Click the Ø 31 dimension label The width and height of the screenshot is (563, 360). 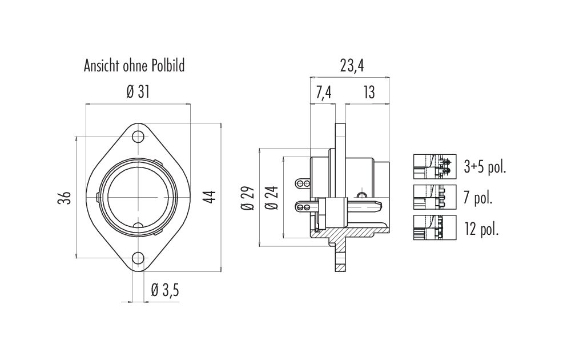pos(138,93)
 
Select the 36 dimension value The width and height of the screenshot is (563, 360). pos(65,198)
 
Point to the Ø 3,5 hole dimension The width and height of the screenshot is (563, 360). pos(165,290)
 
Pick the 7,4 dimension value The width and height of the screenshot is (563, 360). pos(324,93)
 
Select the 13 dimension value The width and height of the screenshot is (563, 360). pos(369,93)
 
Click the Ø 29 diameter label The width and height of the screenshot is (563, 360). pos(250,198)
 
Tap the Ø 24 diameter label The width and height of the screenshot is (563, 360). pos(272,198)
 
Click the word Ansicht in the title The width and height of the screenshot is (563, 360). pos(102,66)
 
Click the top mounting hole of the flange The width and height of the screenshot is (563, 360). pos(138,137)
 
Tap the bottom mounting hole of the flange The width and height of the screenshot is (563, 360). pos(138,258)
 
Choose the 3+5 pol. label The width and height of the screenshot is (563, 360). pos(485,167)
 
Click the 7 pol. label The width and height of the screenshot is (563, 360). pos(477,197)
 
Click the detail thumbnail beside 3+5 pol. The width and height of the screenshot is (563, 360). pos(435,166)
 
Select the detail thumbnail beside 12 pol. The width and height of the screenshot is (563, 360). pos(435,227)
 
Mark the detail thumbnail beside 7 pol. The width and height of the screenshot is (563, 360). pos(435,197)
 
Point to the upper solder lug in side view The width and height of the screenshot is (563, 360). pos(302,184)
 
